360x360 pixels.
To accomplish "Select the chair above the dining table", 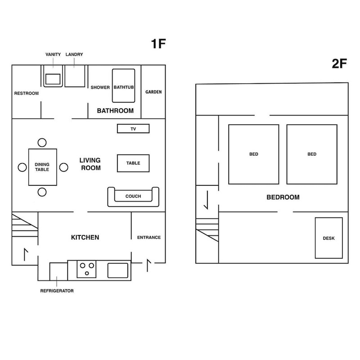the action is click(x=42, y=143).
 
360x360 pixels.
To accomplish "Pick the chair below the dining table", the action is click(x=42, y=192).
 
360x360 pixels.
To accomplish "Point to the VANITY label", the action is click(x=53, y=54).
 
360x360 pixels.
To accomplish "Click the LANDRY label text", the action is click(x=74, y=54).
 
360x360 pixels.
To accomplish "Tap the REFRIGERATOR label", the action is click(x=57, y=291).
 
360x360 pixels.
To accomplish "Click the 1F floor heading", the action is click(x=158, y=44).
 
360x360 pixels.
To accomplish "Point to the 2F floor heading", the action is click(x=339, y=63).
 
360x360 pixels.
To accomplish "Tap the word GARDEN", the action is click(x=153, y=92).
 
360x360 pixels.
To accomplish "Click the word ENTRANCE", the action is click(x=149, y=238).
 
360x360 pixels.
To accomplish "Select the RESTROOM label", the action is click(x=27, y=93).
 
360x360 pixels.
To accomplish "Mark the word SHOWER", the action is click(x=100, y=87).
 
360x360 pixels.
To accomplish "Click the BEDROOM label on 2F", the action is click(x=283, y=197).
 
